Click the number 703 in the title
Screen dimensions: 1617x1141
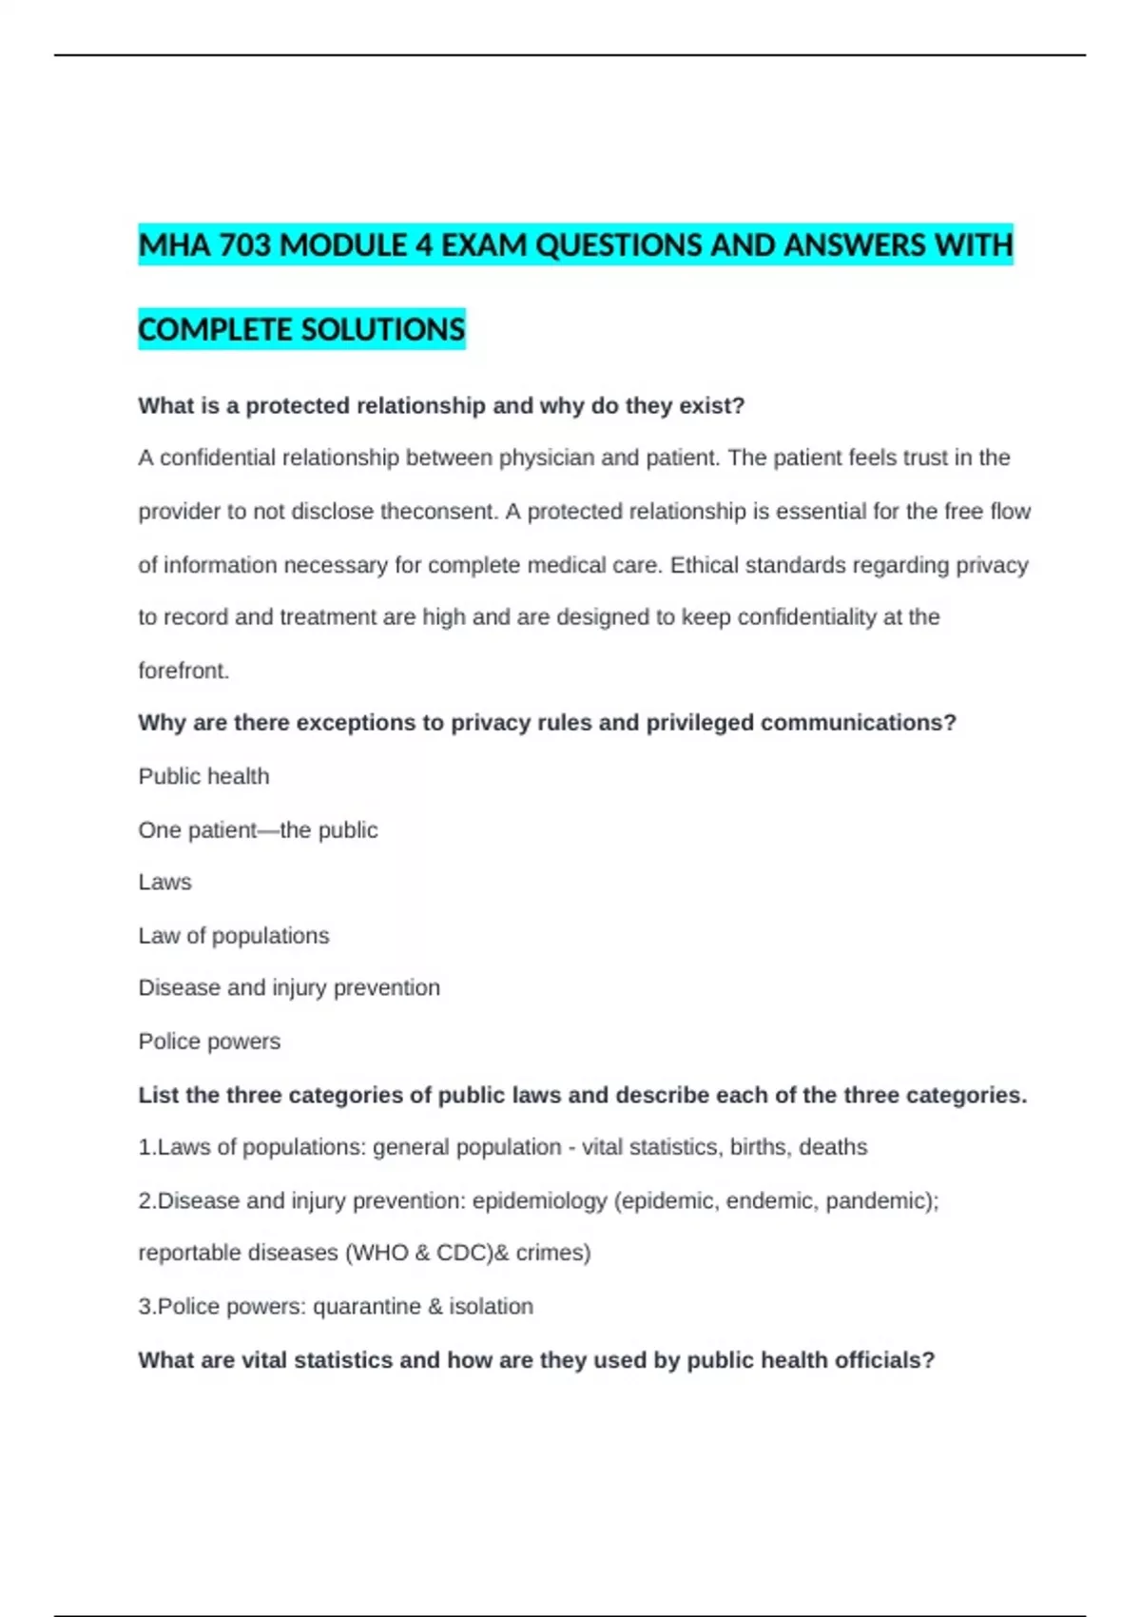245,245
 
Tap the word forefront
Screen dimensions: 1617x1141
184,671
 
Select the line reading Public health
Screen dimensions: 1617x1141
203,776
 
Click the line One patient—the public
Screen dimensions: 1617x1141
258,830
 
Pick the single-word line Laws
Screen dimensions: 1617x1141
164,882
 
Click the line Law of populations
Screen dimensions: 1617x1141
233,936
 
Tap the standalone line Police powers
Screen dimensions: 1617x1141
209,1042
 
